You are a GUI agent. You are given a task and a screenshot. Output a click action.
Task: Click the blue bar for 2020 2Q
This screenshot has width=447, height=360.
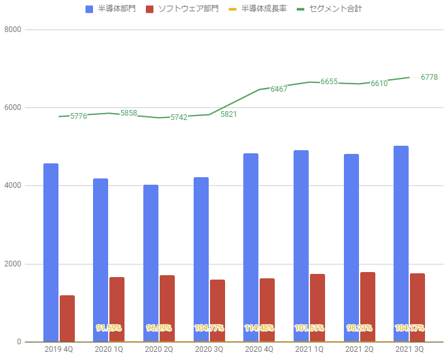(x=151, y=263)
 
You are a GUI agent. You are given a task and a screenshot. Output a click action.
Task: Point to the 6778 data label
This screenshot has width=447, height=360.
(x=429, y=77)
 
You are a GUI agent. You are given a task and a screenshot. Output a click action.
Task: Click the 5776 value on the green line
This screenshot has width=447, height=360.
(x=79, y=116)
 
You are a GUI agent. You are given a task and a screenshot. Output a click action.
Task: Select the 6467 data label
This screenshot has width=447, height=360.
(x=279, y=89)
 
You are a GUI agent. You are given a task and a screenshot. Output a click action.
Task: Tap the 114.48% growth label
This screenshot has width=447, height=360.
(x=259, y=328)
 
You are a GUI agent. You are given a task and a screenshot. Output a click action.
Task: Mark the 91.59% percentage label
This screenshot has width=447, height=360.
(x=109, y=328)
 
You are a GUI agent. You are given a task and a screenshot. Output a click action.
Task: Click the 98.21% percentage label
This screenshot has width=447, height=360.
(x=360, y=328)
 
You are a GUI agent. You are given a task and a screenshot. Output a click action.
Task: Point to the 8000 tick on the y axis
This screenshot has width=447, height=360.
(x=13, y=30)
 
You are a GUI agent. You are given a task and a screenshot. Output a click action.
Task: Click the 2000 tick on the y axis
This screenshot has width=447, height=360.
(x=13, y=264)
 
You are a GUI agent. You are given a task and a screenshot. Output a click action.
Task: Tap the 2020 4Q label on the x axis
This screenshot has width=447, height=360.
(x=259, y=349)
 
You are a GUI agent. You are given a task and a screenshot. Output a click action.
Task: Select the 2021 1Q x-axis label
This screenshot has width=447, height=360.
(x=309, y=349)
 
